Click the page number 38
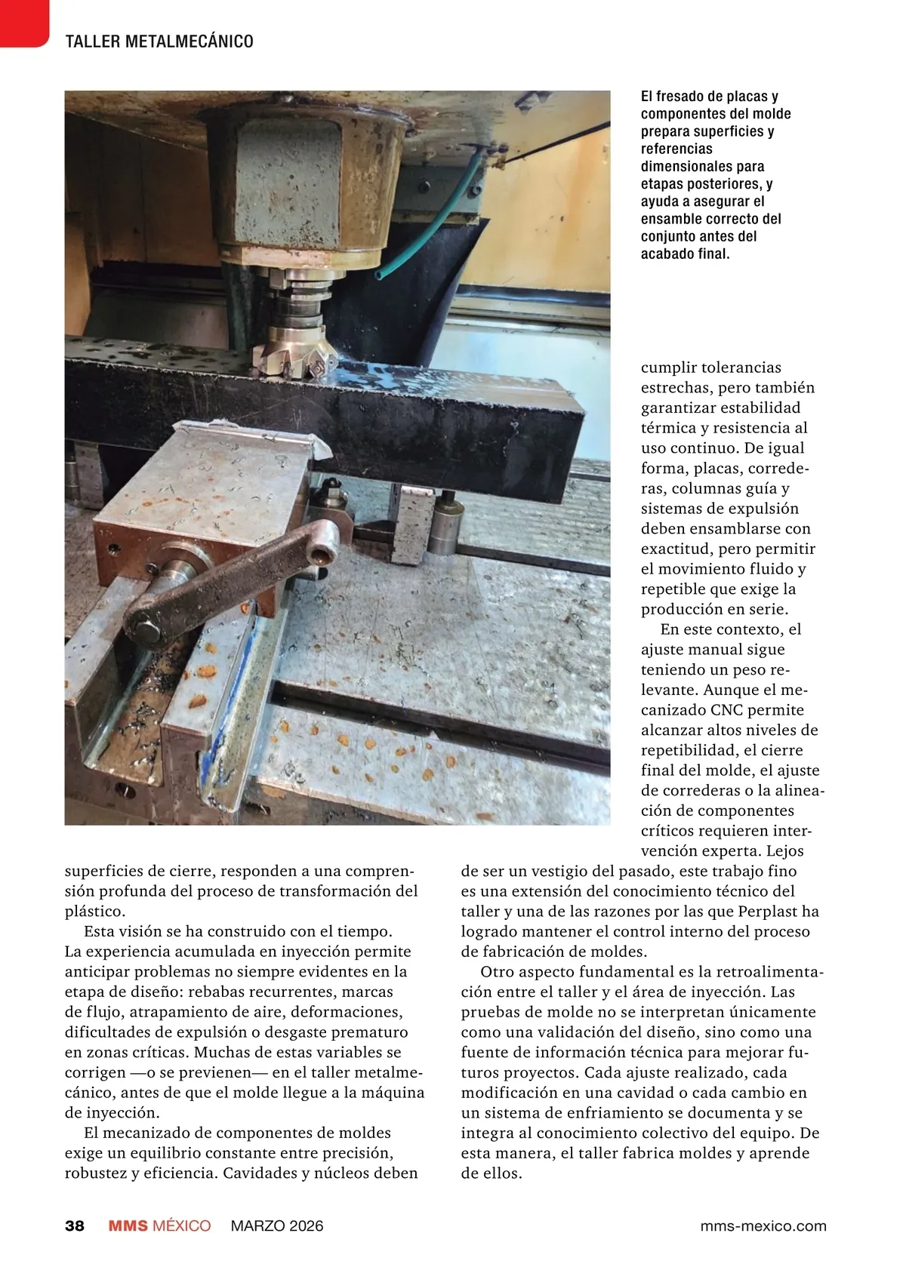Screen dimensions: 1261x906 point(74,1226)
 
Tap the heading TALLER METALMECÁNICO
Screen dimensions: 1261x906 point(159,42)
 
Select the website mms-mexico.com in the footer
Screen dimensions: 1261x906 point(763,1226)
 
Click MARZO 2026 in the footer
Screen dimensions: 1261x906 point(276,1226)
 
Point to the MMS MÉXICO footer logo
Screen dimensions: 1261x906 point(159,1226)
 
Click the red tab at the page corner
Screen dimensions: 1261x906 point(23,21)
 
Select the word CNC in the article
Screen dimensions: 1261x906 point(729,710)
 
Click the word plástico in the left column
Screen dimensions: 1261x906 point(95,912)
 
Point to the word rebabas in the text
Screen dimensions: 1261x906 point(217,992)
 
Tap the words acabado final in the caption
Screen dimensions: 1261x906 point(685,254)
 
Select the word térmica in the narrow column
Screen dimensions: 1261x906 point(670,428)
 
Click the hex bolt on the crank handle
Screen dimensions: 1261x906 point(145,623)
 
